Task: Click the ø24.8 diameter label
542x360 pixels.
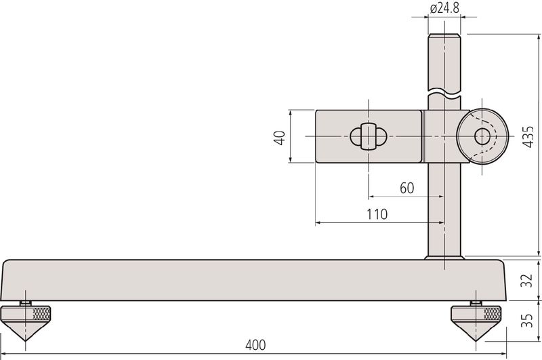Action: tap(444, 8)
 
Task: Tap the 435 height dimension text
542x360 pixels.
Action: tap(528, 138)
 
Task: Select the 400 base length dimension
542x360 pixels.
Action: tap(256, 345)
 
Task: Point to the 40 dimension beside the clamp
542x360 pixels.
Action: tap(279, 138)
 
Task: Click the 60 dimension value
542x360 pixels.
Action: tap(407, 188)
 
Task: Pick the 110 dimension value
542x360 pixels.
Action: tap(377, 214)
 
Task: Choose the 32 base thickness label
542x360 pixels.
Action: tap(528, 280)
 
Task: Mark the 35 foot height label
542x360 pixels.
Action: tap(528, 321)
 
